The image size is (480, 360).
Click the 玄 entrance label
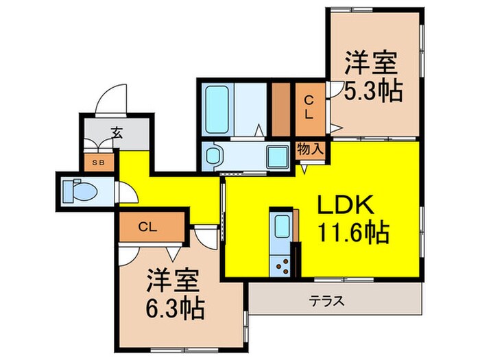click(117, 134)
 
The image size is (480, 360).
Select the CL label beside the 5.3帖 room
click(309, 108)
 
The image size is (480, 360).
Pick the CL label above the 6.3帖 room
click(145, 226)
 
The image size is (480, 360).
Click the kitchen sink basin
click(281, 226)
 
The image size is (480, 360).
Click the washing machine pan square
click(277, 157)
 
